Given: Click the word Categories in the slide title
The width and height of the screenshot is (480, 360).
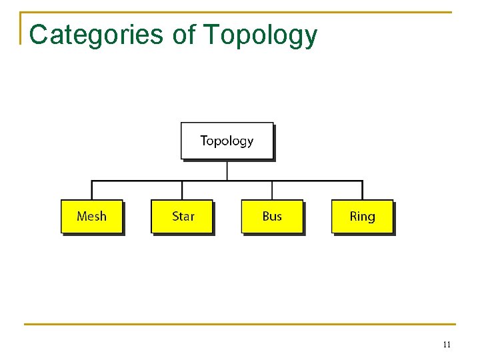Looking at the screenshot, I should pyautogui.click(x=97, y=35).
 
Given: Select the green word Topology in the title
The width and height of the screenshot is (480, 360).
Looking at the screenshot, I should pyautogui.click(x=260, y=35).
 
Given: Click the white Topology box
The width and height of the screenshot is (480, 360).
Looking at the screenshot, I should pyautogui.click(x=227, y=141).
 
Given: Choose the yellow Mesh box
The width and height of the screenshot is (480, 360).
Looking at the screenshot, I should pyautogui.click(x=91, y=216).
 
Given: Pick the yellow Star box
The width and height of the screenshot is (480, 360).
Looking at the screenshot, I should pyautogui.click(x=182, y=216).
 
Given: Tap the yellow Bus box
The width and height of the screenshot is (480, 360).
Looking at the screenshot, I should pyautogui.click(x=272, y=216).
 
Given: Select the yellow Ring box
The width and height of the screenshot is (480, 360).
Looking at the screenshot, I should pyautogui.click(x=362, y=216).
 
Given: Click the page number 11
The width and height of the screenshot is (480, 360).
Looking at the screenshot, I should pyautogui.click(x=446, y=345).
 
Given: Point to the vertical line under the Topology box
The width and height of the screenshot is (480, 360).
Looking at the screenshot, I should pyautogui.click(x=227, y=169).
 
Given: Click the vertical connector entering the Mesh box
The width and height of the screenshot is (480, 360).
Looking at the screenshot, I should pyautogui.click(x=91, y=190).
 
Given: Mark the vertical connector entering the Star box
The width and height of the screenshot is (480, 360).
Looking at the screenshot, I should pyautogui.click(x=182, y=190).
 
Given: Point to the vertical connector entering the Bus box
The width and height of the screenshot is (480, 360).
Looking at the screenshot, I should pyautogui.click(x=272, y=190).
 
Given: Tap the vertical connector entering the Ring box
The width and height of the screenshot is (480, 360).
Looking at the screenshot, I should pyautogui.click(x=362, y=190).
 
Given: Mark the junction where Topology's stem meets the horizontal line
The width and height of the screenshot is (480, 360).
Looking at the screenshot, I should pyautogui.click(x=227, y=181).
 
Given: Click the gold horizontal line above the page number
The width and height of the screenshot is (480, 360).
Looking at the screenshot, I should pyautogui.click(x=240, y=325).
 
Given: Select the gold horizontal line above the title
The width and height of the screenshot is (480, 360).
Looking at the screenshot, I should pyautogui.click(x=240, y=12).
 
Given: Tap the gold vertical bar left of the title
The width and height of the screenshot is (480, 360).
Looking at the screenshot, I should pyautogui.click(x=21, y=28).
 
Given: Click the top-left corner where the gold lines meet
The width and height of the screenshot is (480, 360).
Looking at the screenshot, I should pyautogui.click(x=21, y=12).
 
